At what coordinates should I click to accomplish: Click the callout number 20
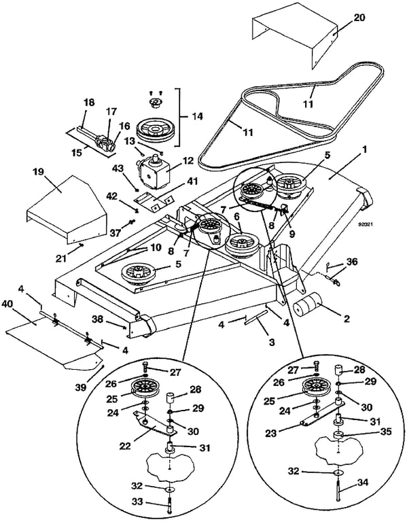359,17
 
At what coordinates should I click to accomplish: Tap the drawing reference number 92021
365,224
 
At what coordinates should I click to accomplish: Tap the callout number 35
385,432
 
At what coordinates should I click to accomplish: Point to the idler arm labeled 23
322,412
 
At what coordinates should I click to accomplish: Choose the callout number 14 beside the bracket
196,117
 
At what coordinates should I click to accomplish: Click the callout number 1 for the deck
364,150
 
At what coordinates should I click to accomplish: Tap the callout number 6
236,216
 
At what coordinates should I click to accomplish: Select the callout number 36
351,262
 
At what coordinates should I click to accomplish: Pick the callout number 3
272,342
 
